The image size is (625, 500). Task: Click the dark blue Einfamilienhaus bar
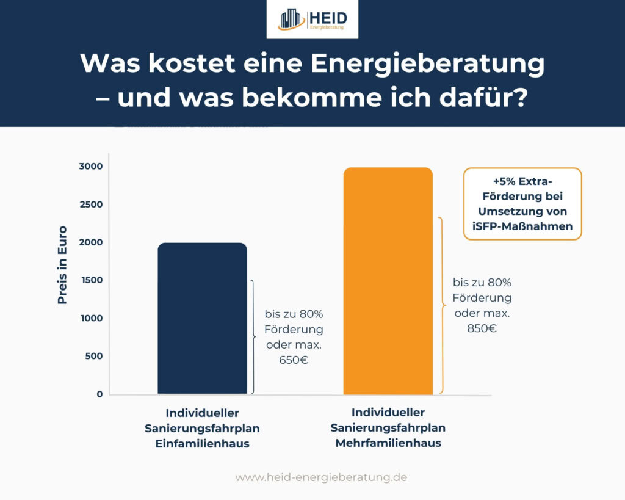(x=202, y=318)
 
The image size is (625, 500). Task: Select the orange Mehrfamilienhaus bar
(x=388, y=281)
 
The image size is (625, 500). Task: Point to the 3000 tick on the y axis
(x=90, y=167)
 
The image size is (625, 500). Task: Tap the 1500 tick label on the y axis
(x=90, y=280)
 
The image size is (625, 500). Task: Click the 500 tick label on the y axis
(x=93, y=356)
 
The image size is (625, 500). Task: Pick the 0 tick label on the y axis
(x=99, y=394)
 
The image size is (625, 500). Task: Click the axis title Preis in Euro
(x=62, y=265)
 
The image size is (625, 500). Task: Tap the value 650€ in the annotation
(x=293, y=360)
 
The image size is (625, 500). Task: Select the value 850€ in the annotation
(x=482, y=328)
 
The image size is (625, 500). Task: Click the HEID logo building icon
(x=292, y=19)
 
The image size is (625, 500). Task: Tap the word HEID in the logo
(x=330, y=16)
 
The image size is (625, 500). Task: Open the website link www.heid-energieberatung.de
(x=321, y=477)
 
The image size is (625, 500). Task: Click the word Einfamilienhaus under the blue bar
(x=202, y=444)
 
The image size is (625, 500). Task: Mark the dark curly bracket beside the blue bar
(x=253, y=336)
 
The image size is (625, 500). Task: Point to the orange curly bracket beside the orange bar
(x=441, y=305)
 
